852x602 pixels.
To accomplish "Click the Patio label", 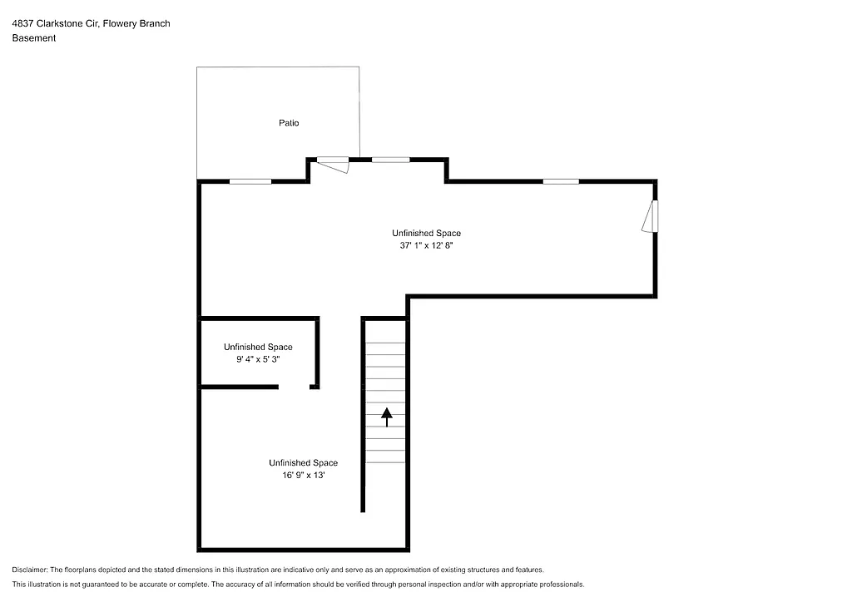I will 289,123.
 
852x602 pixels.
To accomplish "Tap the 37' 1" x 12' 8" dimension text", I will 426,246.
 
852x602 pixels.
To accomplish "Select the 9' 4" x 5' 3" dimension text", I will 258,359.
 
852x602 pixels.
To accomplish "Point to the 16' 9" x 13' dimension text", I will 303,476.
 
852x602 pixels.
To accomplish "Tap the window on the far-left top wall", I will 250,181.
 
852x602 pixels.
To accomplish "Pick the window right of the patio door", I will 390,160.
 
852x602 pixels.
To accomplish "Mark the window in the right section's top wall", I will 561,181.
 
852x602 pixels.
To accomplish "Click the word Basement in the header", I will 34,38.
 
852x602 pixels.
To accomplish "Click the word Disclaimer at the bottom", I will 30,570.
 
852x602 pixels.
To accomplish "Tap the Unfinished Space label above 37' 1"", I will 426,233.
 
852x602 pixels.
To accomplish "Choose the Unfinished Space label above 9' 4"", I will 258,347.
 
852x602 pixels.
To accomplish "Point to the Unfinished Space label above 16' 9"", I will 303,463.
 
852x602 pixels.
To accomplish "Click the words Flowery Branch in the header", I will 142,23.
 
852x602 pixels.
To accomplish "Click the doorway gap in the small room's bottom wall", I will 295,387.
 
